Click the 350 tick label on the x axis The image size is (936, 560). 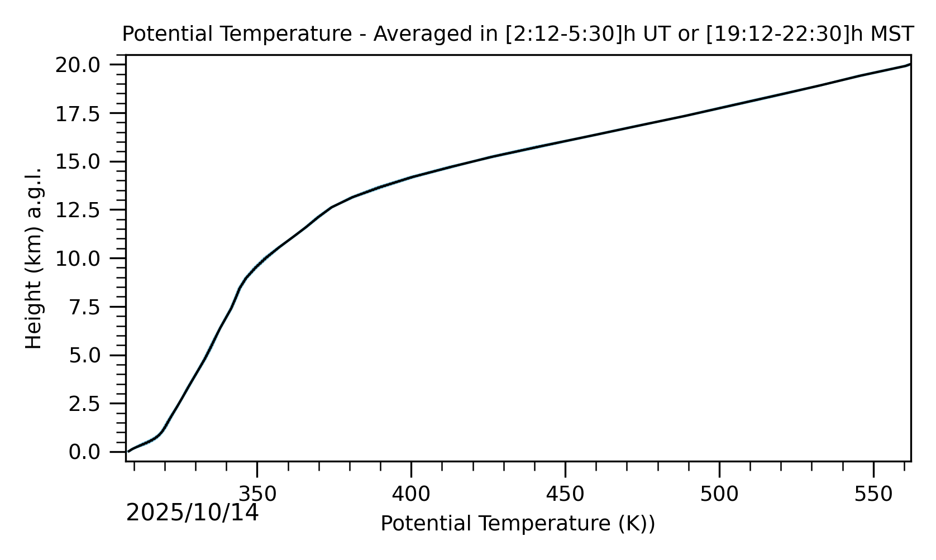[x=257, y=494]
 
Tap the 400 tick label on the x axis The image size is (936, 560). [x=411, y=494]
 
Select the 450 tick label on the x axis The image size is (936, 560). [x=565, y=494]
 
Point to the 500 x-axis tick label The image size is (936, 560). [x=719, y=494]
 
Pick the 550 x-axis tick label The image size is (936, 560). [x=873, y=494]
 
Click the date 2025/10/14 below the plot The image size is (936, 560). [x=193, y=513]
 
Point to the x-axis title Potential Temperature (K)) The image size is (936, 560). [x=518, y=524]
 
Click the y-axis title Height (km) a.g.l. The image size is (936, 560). [x=34, y=258]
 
